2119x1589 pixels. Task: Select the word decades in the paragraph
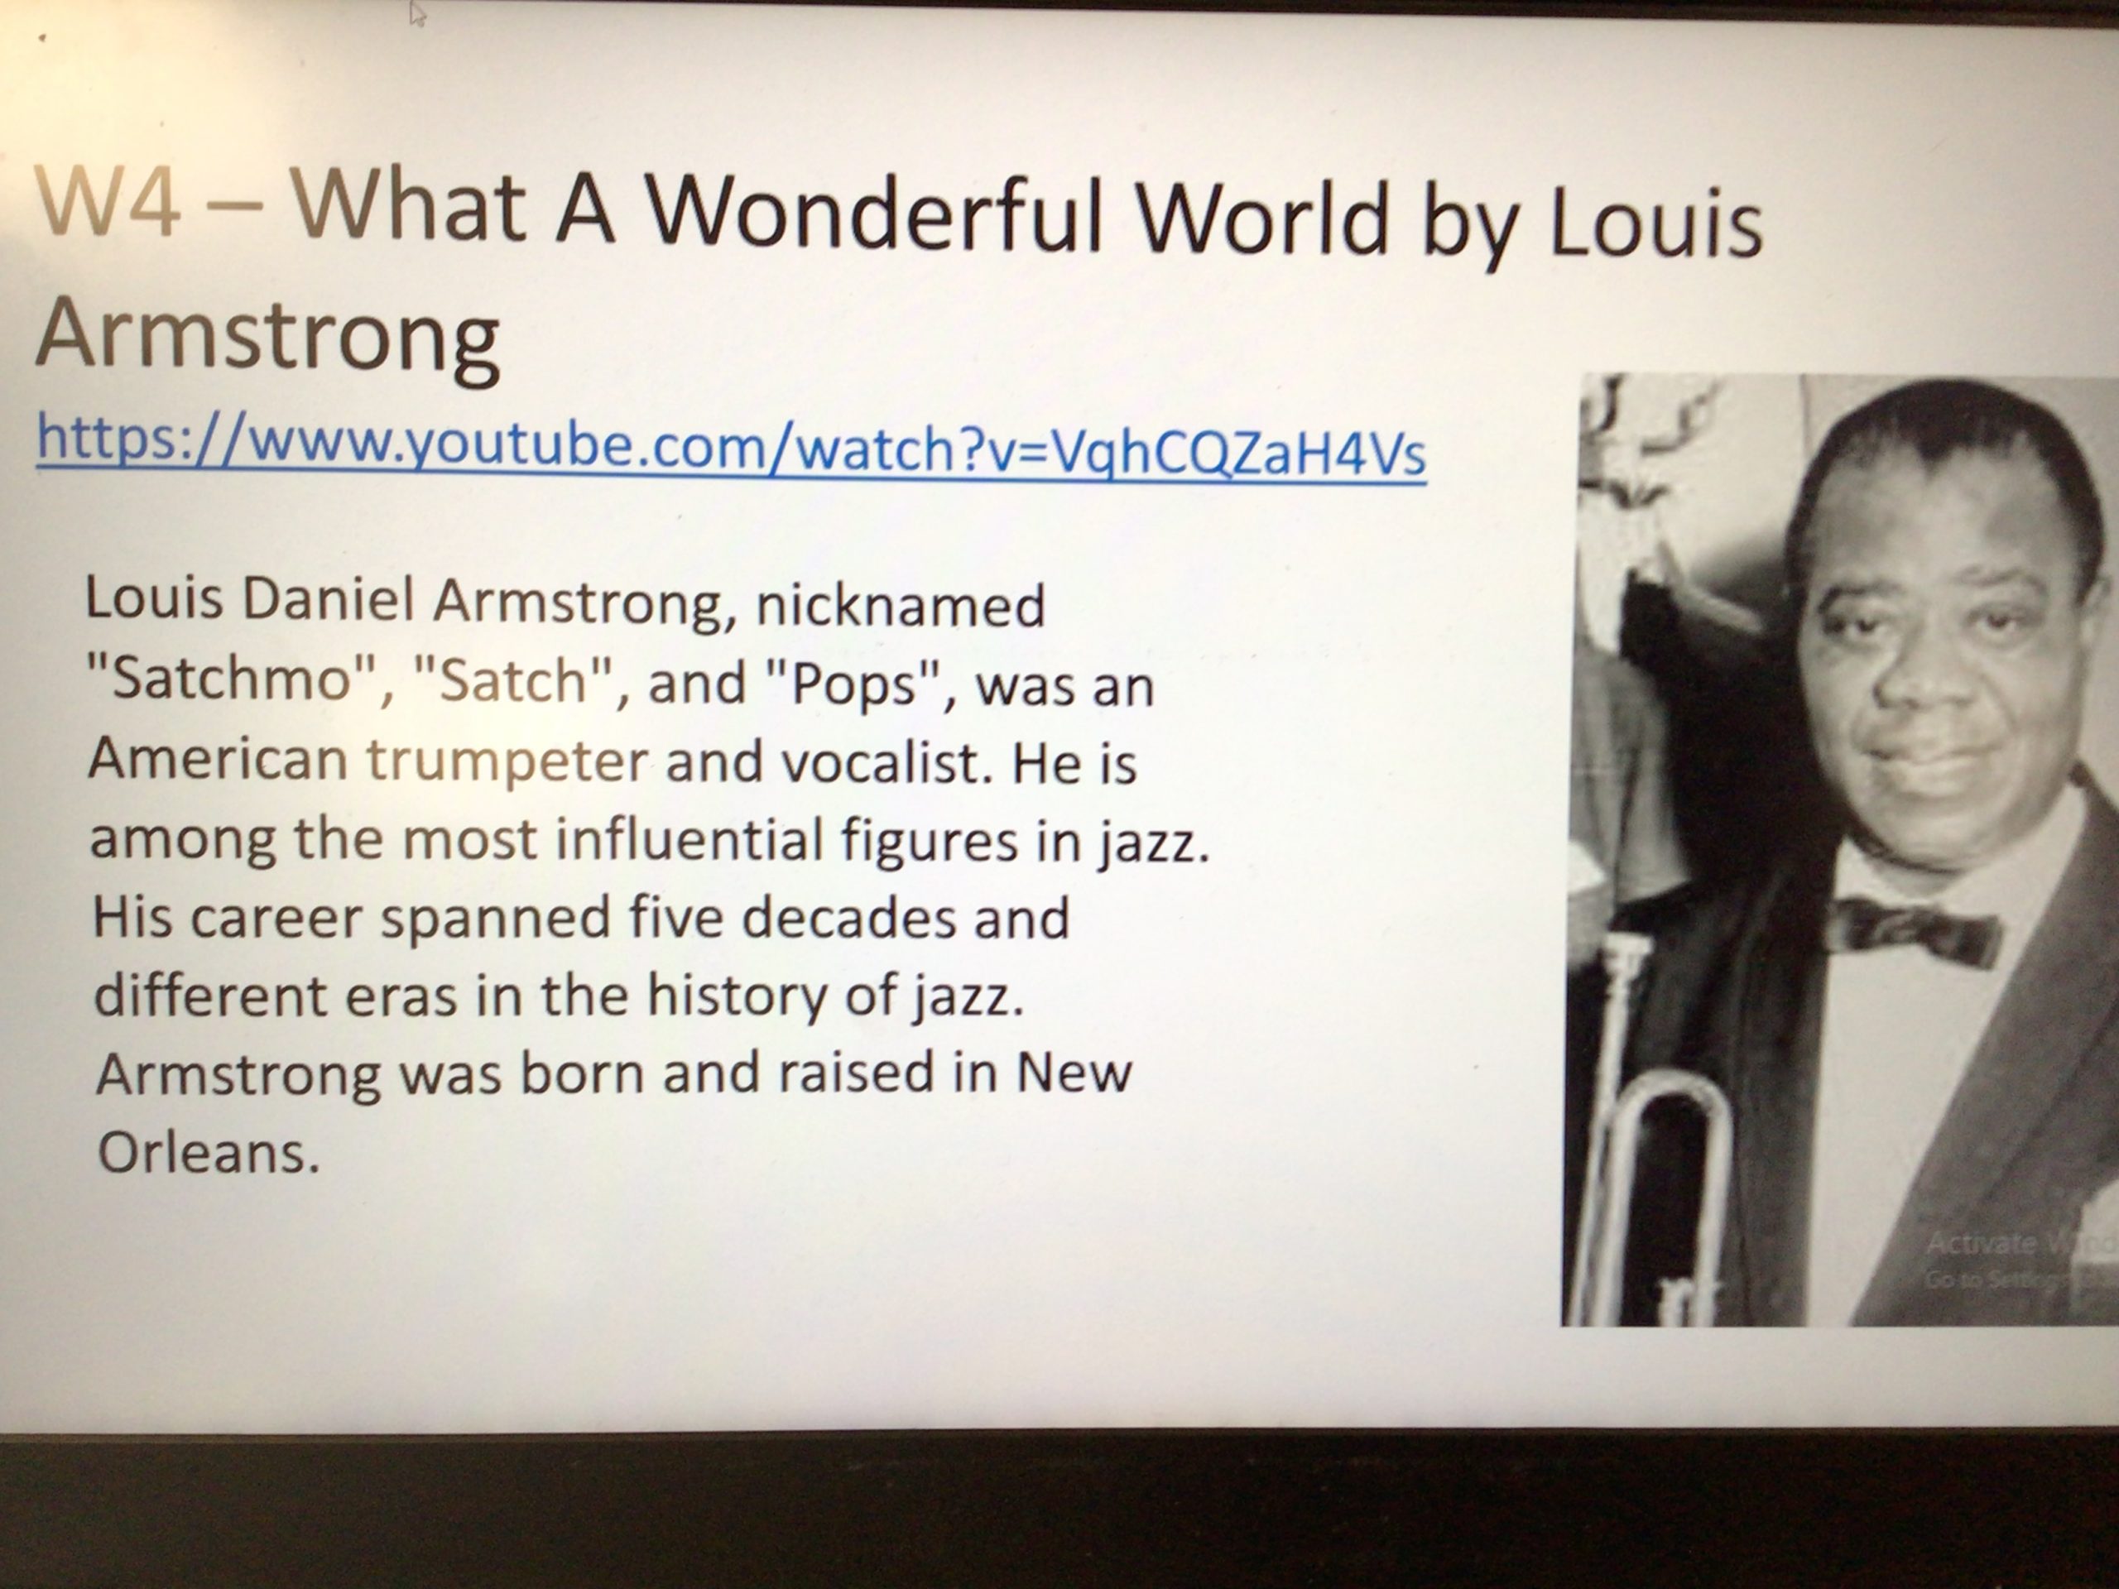[848, 917]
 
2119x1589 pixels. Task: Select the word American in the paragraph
[218, 759]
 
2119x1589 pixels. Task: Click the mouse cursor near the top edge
[416, 14]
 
